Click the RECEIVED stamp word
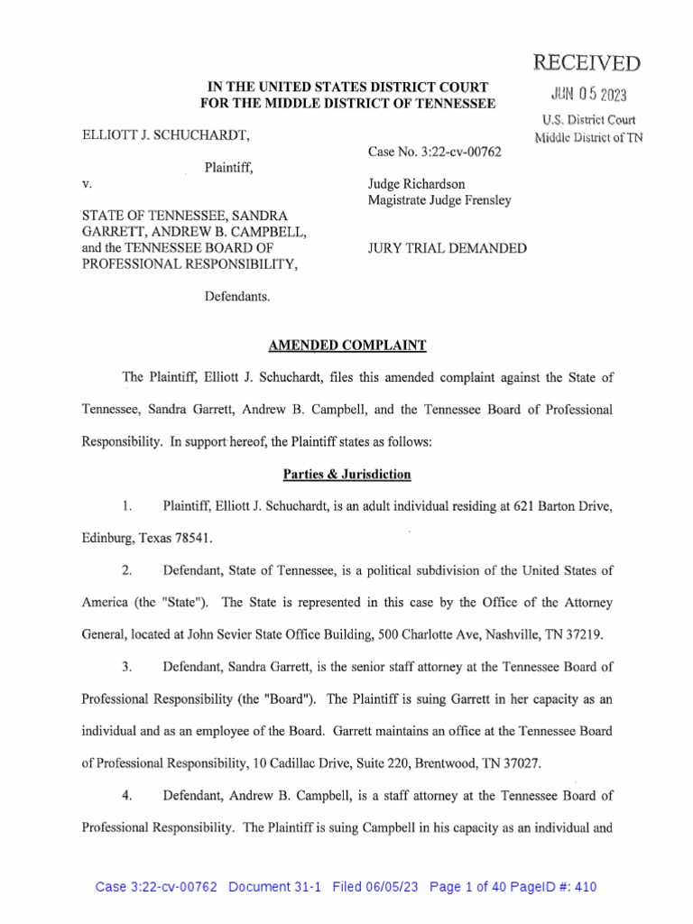coord(587,62)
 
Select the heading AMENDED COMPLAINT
coord(346,345)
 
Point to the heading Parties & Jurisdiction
coord(346,474)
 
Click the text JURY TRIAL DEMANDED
coord(447,248)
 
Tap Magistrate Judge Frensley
coord(439,200)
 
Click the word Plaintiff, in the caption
coord(228,167)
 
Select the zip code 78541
coord(191,538)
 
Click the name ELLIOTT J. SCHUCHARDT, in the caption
coord(163,134)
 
